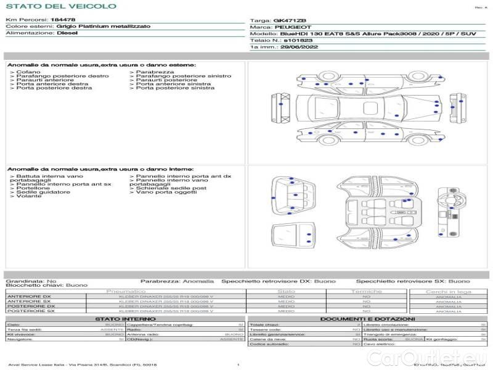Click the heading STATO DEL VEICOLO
point(60,6)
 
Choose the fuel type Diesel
point(67,33)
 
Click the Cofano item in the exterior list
point(29,72)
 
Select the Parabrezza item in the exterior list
point(150,72)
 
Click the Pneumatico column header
point(126,291)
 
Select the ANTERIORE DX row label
point(29,297)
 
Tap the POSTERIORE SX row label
point(30,311)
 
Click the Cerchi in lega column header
point(448,291)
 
